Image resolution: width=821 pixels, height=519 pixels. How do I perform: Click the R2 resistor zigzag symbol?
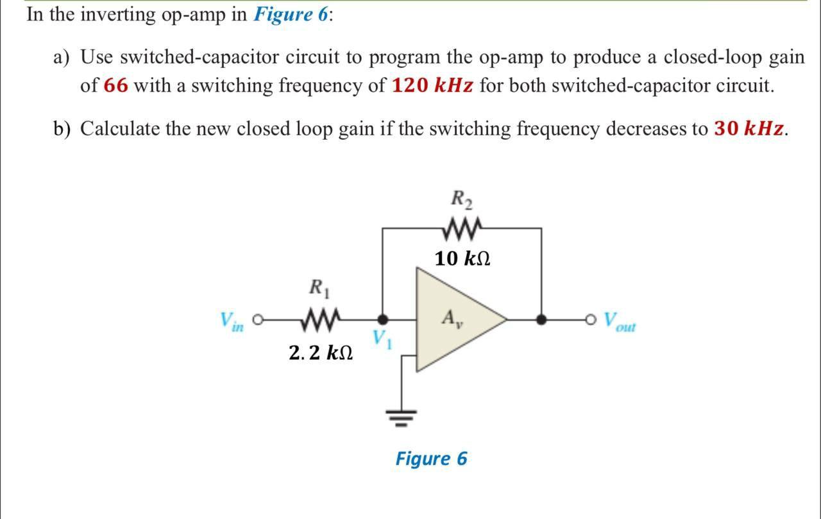[x=462, y=228]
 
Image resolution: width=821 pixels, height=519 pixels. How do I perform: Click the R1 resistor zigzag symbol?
[x=319, y=318]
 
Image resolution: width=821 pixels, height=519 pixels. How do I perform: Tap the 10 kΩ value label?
[x=462, y=259]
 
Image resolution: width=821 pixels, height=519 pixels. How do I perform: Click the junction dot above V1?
[x=382, y=318]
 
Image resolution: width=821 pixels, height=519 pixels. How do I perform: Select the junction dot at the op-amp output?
[x=541, y=318]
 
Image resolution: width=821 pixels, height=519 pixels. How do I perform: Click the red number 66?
[x=116, y=85]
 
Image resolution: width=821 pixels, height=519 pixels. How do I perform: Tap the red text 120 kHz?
[x=433, y=85]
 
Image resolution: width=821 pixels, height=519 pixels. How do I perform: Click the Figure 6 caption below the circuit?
[x=431, y=459]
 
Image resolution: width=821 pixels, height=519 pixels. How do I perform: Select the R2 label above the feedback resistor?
[x=462, y=200]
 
